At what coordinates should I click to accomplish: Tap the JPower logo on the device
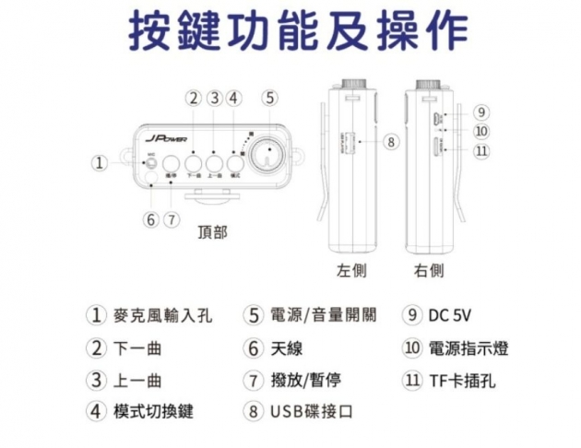[x=168, y=137]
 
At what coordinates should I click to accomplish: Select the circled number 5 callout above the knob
[x=269, y=98]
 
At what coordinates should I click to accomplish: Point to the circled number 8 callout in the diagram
[x=391, y=142]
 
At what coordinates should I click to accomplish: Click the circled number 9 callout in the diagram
[x=480, y=112]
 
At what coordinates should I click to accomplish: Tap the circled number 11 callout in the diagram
[x=480, y=151]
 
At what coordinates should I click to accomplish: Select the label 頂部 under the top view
[x=212, y=232]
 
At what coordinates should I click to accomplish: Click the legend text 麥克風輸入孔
[x=160, y=315]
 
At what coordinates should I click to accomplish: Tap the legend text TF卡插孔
[x=462, y=380]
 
